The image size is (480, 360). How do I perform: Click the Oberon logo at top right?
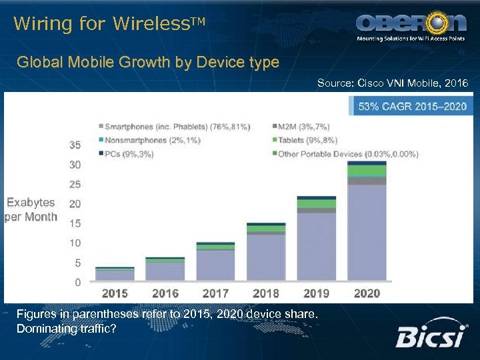pos(411,27)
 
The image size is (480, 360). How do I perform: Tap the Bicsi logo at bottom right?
pos(430,337)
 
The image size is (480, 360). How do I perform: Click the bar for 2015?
pos(115,274)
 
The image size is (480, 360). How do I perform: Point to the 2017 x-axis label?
pos(215,293)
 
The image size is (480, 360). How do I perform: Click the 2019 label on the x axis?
pos(317,293)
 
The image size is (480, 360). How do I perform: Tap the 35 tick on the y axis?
pos(75,145)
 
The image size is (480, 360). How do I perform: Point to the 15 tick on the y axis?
pos(75,223)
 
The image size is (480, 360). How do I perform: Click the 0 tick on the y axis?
pos(78,283)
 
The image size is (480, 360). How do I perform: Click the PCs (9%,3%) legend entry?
pos(129,154)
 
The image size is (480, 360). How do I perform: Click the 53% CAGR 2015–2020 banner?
pos(413,106)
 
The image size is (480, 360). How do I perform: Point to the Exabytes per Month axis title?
pos(31,209)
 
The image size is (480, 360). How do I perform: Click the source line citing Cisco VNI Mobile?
pos(393,83)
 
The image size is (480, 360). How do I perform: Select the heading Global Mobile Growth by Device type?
pos(148,63)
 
